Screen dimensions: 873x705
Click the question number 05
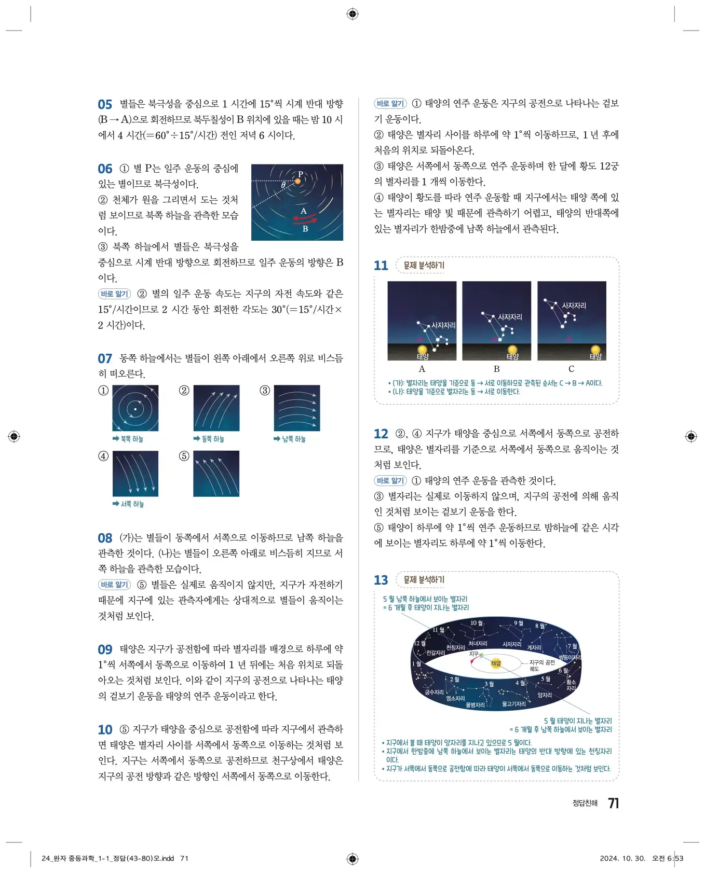(x=105, y=104)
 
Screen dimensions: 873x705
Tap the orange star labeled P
(x=298, y=182)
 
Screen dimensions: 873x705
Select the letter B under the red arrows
(x=305, y=228)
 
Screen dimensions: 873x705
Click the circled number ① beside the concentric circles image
(x=103, y=391)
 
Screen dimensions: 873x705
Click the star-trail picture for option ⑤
(x=216, y=474)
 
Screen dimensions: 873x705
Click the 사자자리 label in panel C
(x=574, y=306)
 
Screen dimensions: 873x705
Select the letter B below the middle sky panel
(x=496, y=369)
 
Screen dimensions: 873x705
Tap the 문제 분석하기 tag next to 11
(x=424, y=266)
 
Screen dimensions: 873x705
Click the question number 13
(x=381, y=580)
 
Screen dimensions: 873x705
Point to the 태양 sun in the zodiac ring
(x=496, y=663)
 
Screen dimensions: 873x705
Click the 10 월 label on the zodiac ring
(x=476, y=623)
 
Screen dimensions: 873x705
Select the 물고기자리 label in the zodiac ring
(x=514, y=704)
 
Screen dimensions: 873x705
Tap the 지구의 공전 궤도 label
(x=541, y=666)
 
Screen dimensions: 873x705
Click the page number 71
(x=613, y=803)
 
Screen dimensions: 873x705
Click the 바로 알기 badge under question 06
(x=114, y=294)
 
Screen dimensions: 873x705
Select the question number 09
(x=105, y=649)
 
